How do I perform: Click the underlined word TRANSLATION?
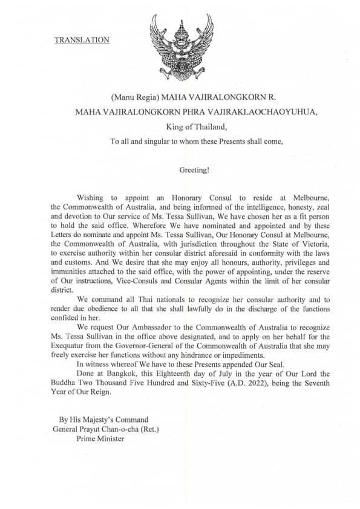click(x=82, y=40)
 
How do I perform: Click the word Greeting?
click(x=194, y=170)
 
